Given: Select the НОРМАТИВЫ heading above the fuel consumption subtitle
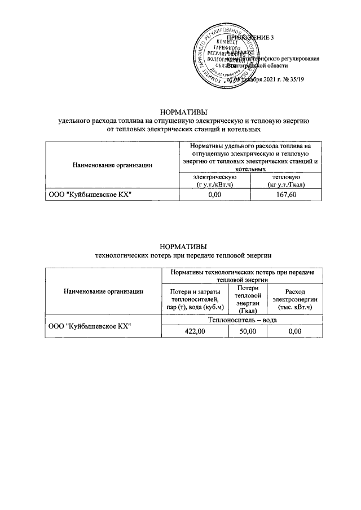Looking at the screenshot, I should (x=184, y=112).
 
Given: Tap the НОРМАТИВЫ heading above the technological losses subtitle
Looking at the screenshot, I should (x=184, y=246).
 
